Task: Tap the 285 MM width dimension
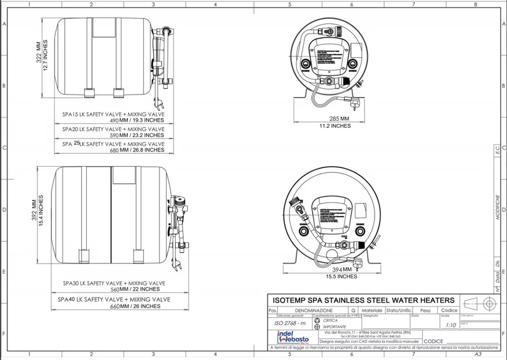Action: pyautogui.click(x=340, y=119)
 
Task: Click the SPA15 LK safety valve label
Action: pyautogui.click(x=113, y=114)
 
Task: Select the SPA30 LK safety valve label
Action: pyautogui.click(x=113, y=283)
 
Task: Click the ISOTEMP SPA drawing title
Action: pyautogui.click(x=363, y=300)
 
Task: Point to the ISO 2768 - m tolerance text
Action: pyautogui.click(x=290, y=325)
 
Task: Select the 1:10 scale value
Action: pyautogui.click(x=451, y=325)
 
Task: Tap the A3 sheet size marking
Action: pyautogui.click(x=478, y=355)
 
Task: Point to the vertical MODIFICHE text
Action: pyautogui.click(x=497, y=209)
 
